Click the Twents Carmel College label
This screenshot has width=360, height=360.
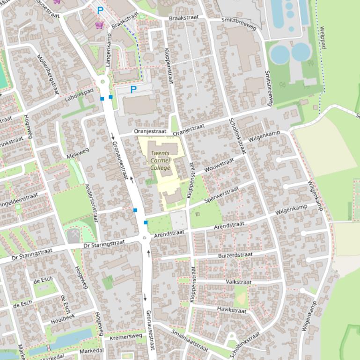(161, 160)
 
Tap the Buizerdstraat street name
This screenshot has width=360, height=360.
(235, 255)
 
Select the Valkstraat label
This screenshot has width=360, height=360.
(238, 282)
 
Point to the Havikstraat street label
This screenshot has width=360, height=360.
(231, 310)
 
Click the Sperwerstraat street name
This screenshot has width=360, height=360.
(222, 196)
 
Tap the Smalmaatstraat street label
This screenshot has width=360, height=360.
(189, 340)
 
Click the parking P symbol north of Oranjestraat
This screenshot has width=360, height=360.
(133, 89)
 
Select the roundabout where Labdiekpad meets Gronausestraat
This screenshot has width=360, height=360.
(103, 83)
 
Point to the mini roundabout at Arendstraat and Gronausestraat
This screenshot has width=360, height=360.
(144, 238)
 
